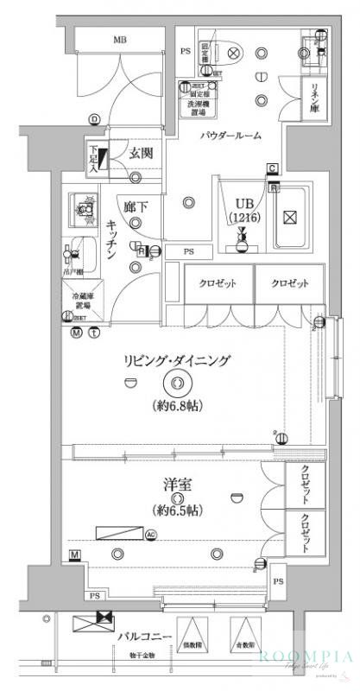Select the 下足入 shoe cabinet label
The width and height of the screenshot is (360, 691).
click(x=93, y=158)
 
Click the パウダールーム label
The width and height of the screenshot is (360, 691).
click(x=231, y=136)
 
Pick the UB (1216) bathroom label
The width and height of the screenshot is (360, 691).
click(x=242, y=211)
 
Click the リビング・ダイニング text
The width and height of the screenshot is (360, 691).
click(x=175, y=362)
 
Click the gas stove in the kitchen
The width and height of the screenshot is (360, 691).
click(x=84, y=209)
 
